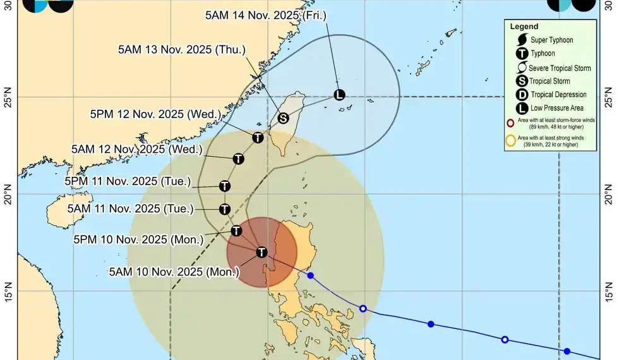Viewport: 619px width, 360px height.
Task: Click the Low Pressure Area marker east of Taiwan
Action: pos(339,95)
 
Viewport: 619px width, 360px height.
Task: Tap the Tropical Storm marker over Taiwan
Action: pos(284,118)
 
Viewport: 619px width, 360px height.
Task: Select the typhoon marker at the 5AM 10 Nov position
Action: pos(261,252)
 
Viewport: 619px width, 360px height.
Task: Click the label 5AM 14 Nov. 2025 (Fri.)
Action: pos(266,15)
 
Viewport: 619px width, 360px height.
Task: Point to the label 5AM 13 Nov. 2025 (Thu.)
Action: pos(182,49)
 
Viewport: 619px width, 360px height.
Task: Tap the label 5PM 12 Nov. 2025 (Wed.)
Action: pos(156,114)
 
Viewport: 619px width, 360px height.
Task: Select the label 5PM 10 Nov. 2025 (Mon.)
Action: pos(138,239)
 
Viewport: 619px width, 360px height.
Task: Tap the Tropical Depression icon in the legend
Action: pos(522,95)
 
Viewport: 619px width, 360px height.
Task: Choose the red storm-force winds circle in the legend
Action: pos(510,123)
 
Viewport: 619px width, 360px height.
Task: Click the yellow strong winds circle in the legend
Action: pos(510,140)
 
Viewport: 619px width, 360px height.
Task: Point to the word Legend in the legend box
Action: pos(524,27)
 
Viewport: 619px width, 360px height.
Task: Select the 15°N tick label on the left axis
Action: pos(8,291)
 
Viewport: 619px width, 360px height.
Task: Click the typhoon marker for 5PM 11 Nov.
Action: pos(225,186)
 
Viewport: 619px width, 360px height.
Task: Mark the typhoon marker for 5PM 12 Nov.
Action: pos(258,138)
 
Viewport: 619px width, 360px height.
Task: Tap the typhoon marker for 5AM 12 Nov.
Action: pos(238,159)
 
